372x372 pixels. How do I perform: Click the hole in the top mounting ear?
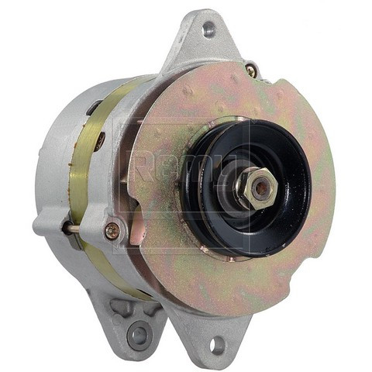[208, 29]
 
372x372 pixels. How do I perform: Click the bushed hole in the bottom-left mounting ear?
[139, 335]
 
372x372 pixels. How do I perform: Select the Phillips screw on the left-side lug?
[112, 230]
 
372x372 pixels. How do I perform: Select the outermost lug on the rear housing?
[48, 225]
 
